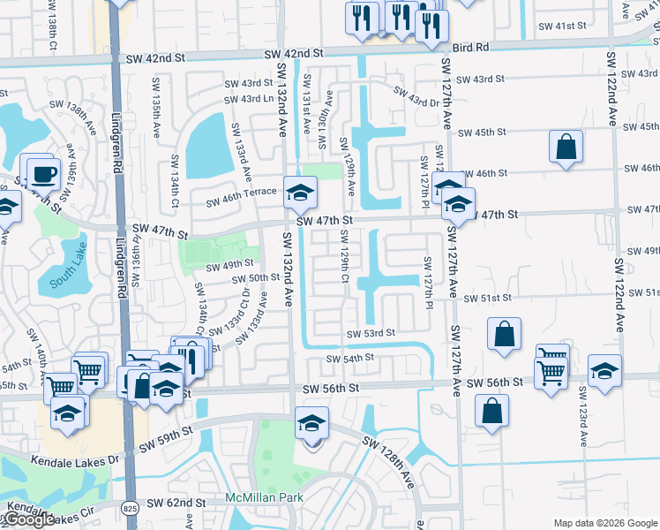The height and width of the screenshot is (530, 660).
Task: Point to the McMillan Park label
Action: [x=264, y=498]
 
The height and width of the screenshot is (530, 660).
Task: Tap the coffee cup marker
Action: [x=42, y=172]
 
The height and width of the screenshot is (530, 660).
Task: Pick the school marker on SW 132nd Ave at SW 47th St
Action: [x=300, y=192]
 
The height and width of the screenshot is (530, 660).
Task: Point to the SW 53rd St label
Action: [x=370, y=334]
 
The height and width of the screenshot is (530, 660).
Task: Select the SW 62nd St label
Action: [x=176, y=503]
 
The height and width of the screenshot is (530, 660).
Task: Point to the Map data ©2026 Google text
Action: [x=604, y=523]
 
